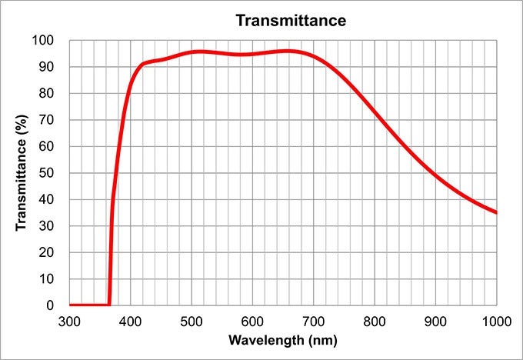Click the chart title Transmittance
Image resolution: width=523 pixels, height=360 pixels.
click(x=291, y=20)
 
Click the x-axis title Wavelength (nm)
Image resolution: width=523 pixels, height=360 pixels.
click(x=283, y=339)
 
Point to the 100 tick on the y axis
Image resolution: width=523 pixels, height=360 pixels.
click(x=44, y=41)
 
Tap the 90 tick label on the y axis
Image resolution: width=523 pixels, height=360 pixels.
click(x=47, y=67)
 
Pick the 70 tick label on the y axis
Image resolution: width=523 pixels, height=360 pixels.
click(x=47, y=120)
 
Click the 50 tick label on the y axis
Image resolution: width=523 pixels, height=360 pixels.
click(x=47, y=173)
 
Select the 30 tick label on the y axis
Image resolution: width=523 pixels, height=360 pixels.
click(x=47, y=226)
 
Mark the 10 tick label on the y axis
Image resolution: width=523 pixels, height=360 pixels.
click(x=47, y=278)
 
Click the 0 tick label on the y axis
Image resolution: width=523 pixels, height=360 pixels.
click(x=50, y=305)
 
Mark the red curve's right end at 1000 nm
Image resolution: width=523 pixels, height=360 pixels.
click(x=496, y=212)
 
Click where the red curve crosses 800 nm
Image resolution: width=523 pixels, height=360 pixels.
click(x=375, y=112)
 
